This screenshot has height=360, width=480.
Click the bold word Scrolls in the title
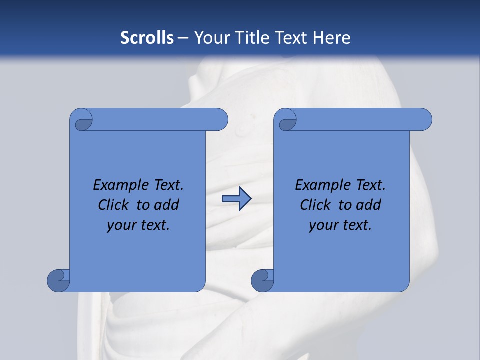(x=147, y=37)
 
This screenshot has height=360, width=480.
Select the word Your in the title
(x=210, y=37)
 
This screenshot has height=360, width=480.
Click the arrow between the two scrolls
(x=236, y=199)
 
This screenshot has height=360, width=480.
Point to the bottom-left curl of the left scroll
(x=59, y=280)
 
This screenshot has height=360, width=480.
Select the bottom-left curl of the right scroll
(x=263, y=280)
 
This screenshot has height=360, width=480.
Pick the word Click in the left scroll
(x=114, y=205)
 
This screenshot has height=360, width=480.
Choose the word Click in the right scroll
(x=316, y=205)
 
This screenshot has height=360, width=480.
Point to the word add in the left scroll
(x=167, y=205)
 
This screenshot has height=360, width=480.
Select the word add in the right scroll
(x=369, y=205)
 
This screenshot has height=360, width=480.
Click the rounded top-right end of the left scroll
(x=219, y=119)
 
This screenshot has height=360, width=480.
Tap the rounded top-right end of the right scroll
(x=423, y=119)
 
